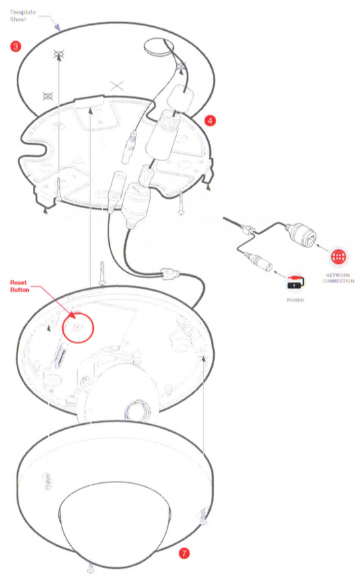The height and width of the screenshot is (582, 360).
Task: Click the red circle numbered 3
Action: point(15,46)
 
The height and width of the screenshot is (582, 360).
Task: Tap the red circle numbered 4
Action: point(210,120)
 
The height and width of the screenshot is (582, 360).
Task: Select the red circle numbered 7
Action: point(184,553)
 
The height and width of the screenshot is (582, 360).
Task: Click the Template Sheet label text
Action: point(23,15)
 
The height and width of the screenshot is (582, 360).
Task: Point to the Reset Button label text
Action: point(19,286)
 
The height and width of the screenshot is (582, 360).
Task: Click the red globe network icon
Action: point(339,256)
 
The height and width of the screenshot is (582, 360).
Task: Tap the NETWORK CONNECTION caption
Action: point(338,278)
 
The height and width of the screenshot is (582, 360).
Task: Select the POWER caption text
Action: point(295,300)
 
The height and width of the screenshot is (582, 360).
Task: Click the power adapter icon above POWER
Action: point(295,283)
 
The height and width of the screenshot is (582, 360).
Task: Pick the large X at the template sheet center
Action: point(117,86)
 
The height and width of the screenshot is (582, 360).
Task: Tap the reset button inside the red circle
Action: point(78,327)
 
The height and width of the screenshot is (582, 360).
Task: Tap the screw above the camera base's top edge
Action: point(102,274)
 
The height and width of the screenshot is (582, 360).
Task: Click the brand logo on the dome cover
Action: point(47,481)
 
